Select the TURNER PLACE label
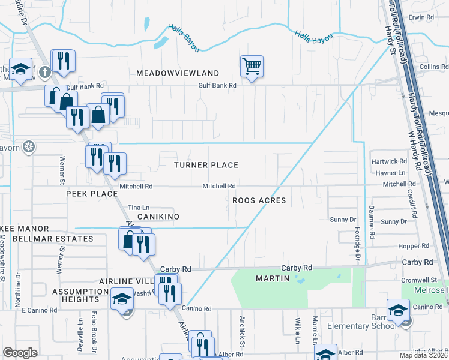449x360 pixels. (x=206, y=165)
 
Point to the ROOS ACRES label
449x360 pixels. (x=259, y=200)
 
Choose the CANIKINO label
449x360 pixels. (x=158, y=216)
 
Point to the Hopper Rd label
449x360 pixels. (x=414, y=246)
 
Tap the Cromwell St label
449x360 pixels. (x=420, y=280)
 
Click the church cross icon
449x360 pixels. (x=44, y=73)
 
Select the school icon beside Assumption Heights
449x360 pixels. (x=122, y=299)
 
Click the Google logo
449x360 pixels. (x=20, y=353)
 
